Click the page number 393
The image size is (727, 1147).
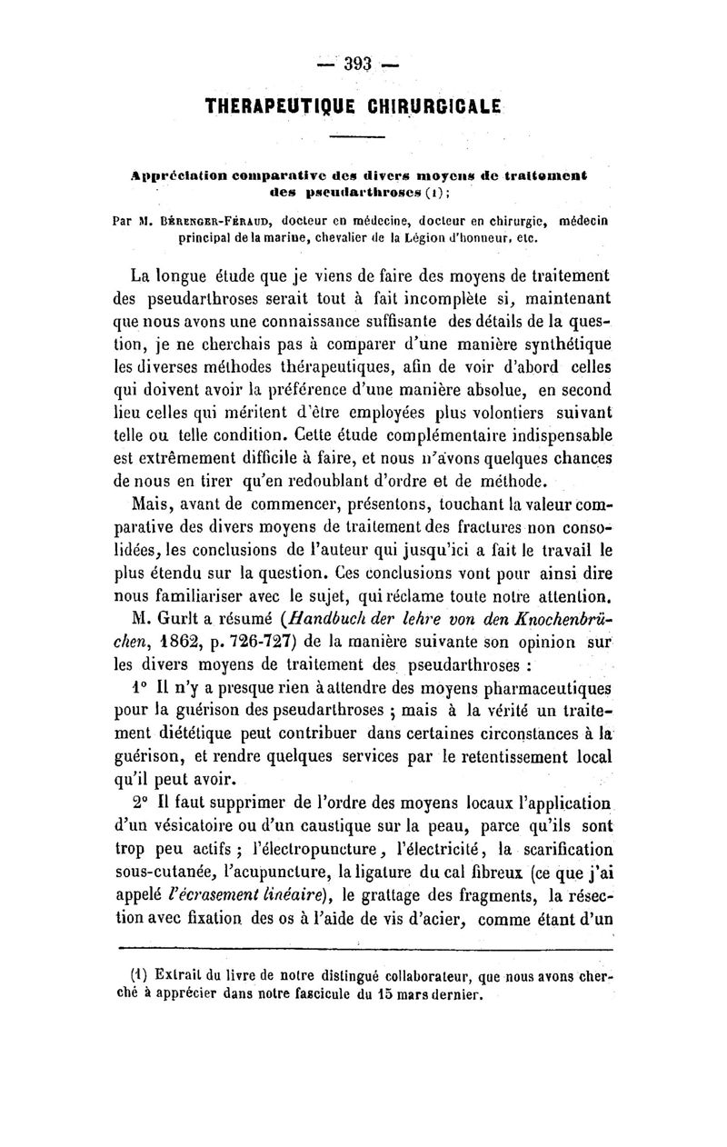point(360,64)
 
